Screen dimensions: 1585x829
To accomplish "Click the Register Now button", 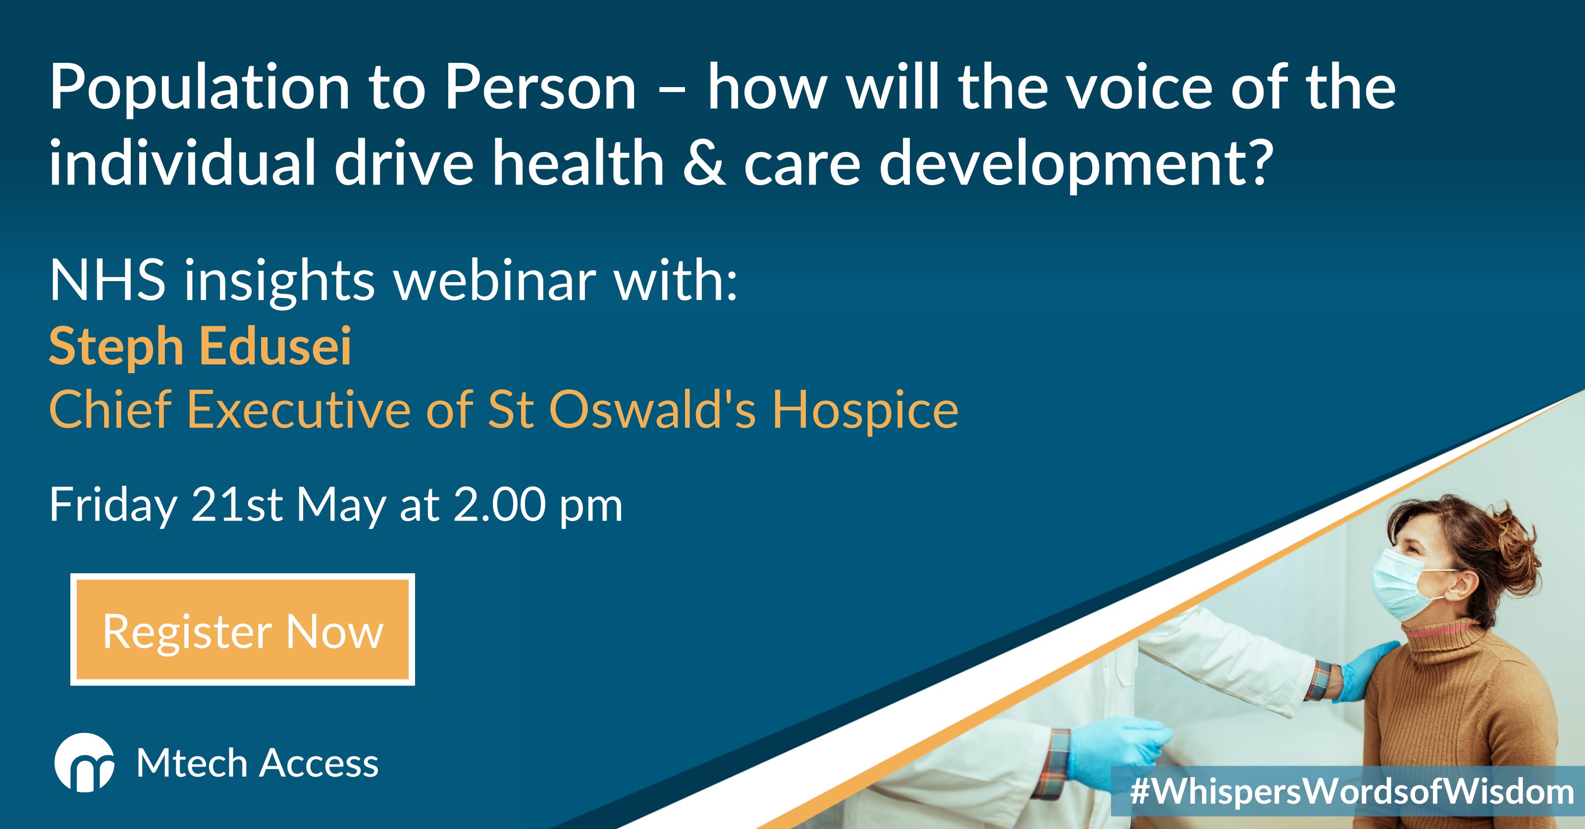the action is point(242,630).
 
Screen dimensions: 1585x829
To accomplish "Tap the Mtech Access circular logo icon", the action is point(84,763).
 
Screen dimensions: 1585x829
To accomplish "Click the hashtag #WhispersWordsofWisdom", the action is point(1352,791).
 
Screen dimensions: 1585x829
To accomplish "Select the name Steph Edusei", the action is point(200,347).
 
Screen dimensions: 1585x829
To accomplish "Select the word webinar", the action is point(495,281).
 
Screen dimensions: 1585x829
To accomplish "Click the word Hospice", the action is point(866,411).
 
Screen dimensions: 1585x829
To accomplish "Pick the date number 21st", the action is point(237,505).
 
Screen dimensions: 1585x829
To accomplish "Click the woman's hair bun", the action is point(1514,547).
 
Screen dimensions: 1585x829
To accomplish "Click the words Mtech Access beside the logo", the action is point(257,764).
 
